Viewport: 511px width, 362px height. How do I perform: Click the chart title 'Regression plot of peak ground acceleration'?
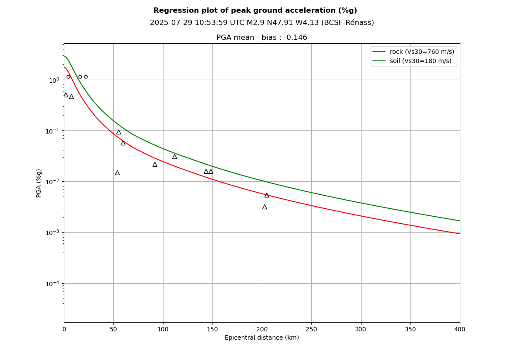[x=255, y=11]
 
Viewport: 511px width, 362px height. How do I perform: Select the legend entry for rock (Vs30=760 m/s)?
[x=421, y=52]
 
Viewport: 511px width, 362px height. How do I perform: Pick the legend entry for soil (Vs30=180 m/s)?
[x=420, y=61]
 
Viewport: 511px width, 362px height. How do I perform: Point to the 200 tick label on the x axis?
[x=262, y=329]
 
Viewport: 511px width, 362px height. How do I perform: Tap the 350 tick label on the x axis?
[x=410, y=329]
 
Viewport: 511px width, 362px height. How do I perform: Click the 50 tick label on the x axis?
[x=113, y=329]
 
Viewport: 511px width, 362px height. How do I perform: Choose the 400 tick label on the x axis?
[x=460, y=329]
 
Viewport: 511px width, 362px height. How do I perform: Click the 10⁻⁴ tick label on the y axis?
[x=54, y=284]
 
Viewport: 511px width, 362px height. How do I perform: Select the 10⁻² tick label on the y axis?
[x=54, y=182]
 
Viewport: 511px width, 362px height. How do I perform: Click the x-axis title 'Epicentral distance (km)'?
[x=262, y=338]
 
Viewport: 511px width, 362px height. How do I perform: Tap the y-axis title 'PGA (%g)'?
[x=39, y=183]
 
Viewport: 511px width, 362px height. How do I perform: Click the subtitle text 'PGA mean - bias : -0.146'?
[x=261, y=38]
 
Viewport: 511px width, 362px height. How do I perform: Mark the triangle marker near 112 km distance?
[x=174, y=156]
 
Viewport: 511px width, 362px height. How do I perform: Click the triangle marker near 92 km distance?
[x=155, y=164]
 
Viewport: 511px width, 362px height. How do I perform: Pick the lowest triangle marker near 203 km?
[x=264, y=207]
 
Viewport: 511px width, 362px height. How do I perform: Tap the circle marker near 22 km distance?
[x=86, y=77]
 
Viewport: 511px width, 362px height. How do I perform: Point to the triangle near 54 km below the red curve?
[x=117, y=172]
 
